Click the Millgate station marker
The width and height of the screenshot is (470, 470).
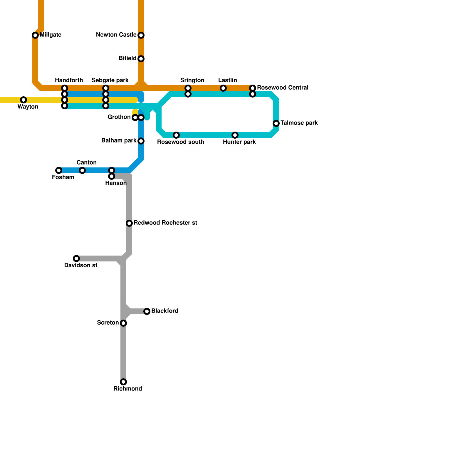click(35, 35)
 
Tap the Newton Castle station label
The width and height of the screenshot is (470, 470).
click(116, 35)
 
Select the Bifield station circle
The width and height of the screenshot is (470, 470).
click(141, 59)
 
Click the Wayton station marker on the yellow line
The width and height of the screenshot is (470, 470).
click(23, 100)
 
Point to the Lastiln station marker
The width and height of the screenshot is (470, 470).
click(223, 88)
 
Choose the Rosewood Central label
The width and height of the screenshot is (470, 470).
click(283, 88)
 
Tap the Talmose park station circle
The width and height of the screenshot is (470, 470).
click(276, 123)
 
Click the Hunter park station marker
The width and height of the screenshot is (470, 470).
click(235, 135)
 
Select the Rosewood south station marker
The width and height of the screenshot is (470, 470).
click(176, 135)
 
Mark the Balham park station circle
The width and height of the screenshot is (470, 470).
click(141, 141)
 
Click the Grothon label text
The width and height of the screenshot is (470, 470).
click(119, 117)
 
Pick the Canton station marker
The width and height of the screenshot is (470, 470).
click(82, 170)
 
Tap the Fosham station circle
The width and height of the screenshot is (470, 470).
click(59, 170)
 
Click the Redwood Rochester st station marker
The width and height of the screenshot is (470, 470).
click(129, 223)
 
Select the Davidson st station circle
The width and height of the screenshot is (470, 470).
click(76, 258)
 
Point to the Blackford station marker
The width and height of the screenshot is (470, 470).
click(147, 311)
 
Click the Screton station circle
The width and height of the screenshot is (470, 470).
click(123, 323)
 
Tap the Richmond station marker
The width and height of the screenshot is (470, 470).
click(123, 382)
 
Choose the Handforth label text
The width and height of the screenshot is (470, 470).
click(69, 80)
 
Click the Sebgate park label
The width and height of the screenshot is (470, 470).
click(110, 80)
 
